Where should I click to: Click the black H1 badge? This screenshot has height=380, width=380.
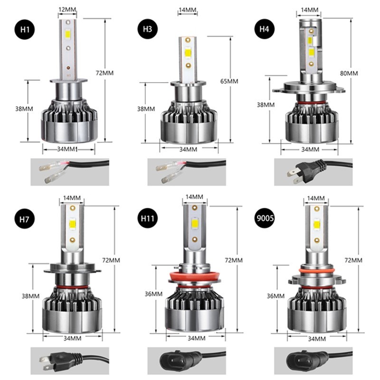pyautogui.click(x=25, y=29)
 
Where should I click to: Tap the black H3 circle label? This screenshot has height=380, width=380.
pyautogui.click(x=147, y=29)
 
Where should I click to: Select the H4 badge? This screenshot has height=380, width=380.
pyautogui.click(x=265, y=29)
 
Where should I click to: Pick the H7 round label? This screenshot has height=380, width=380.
pyautogui.click(x=25, y=219)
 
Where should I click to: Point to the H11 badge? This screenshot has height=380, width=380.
pyautogui.click(x=147, y=218)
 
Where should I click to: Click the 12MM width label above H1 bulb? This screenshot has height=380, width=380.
pyautogui.click(x=67, y=9)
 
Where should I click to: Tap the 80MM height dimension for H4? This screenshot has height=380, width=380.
pyautogui.click(x=349, y=73)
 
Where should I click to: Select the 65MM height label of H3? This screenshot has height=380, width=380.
pyautogui.click(x=229, y=81)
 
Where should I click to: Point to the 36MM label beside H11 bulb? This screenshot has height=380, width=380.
pyautogui.click(x=153, y=294)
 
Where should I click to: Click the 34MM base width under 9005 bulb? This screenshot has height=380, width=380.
pyautogui.click(x=317, y=339)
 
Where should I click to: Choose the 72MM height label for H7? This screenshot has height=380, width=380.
pyautogui.click(x=111, y=260)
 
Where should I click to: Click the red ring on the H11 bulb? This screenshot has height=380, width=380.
pyautogui.click(x=195, y=277)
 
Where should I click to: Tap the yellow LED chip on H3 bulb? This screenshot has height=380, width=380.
pyautogui.click(x=188, y=53)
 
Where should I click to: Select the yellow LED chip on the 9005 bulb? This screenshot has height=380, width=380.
pyautogui.click(x=317, y=225)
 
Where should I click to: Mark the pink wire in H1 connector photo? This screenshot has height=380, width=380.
pyautogui.click(x=63, y=164)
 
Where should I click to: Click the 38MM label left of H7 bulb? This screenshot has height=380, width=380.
pyautogui.click(x=30, y=296)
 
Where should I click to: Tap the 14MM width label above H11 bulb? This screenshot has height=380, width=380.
pyautogui.click(x=194, y=197)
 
